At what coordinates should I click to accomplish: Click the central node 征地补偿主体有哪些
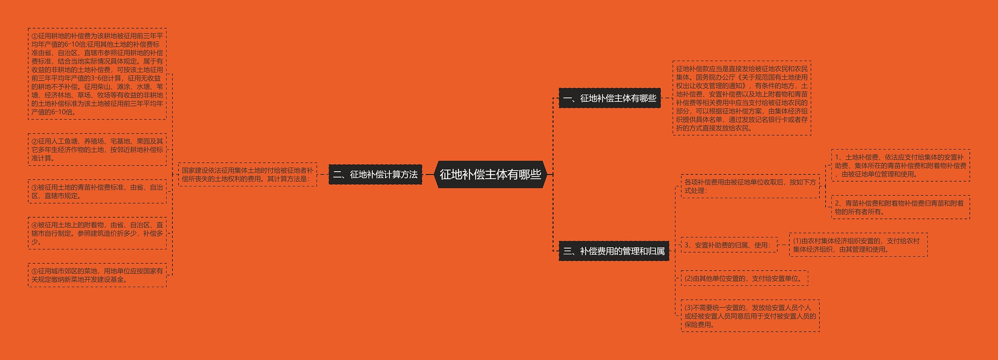pos(490,174)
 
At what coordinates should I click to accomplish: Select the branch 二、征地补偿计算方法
pos(375,174)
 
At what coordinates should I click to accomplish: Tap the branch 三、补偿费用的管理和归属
pos(614,251)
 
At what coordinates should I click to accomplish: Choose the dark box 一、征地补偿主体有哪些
pos(610,98)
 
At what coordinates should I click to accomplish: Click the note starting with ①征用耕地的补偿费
pos(97,74)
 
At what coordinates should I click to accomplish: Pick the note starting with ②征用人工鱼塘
pos(97,149)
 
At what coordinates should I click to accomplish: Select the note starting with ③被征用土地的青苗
pos(97,192)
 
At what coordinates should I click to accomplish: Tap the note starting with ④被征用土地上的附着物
pos(97,233)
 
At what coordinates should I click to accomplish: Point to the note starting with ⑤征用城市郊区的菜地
pos(97,275)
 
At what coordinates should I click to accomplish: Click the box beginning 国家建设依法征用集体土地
pos(247,174)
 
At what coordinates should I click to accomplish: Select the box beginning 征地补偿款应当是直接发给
pos(741,98)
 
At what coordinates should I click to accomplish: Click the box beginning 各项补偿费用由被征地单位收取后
pos(750,186)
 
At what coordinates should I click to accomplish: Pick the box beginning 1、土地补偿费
pos(901,166)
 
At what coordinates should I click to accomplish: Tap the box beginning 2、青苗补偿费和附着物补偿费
pos(901,207)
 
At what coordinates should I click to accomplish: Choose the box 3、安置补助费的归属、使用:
pos(729,245)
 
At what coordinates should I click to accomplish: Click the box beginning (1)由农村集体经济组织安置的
pos(858,245)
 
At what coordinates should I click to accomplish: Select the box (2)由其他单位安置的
pos(744,278)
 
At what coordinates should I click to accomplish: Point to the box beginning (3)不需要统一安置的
pos(750,316)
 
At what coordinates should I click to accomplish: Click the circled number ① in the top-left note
pos(35,36)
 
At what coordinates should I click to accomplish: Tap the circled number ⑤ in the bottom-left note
pos(35,271)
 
